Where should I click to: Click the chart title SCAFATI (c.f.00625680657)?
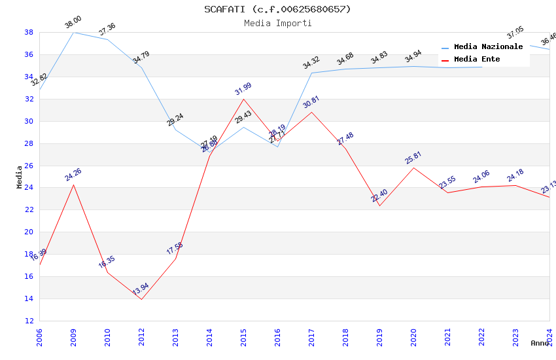(277, 9)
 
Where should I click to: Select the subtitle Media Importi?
(277, 23)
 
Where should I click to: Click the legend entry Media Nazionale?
(488, 47)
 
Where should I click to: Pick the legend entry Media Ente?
(477, 60)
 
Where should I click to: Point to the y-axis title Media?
(20, 177)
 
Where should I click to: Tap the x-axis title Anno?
(540, 343)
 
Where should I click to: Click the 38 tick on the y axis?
(29, 32)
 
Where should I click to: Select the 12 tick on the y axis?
(29, 321)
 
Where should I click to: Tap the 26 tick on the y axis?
(29, 166)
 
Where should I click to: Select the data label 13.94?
(141, 289)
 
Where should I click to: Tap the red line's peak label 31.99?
(243, 89)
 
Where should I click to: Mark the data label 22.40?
(379, 196)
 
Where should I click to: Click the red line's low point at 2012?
(141, 299)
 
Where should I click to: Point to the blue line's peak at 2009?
(73, 32)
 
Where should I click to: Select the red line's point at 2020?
(413, 168)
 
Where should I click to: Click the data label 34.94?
(413, 58)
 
